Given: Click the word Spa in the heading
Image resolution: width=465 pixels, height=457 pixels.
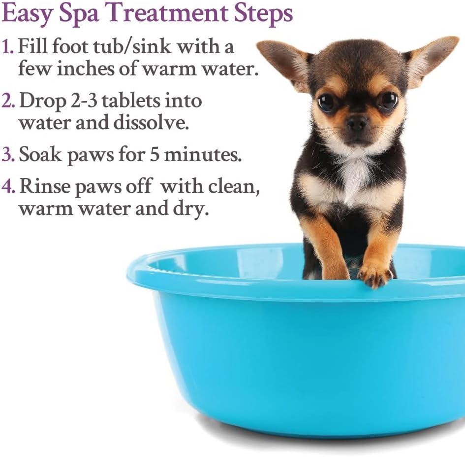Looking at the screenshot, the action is coord(78,14).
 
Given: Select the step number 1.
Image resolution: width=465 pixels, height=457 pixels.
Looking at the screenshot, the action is coord(7,47).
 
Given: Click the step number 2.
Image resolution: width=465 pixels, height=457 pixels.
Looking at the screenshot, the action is coord(8,101).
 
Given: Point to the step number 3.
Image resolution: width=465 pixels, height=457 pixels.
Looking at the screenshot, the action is coord(8,154).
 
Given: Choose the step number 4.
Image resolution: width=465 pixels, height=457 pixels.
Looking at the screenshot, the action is coord(8,187).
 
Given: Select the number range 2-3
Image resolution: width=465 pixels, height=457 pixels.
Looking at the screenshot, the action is coord(84,101).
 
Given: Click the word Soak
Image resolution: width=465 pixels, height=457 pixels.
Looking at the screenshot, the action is coord(40,154).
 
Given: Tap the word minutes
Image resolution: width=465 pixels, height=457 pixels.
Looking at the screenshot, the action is coord(203,154).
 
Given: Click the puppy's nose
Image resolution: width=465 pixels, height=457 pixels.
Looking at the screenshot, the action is coord(357,122).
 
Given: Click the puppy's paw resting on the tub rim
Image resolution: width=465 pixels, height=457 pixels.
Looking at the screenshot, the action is coord(374,276).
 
